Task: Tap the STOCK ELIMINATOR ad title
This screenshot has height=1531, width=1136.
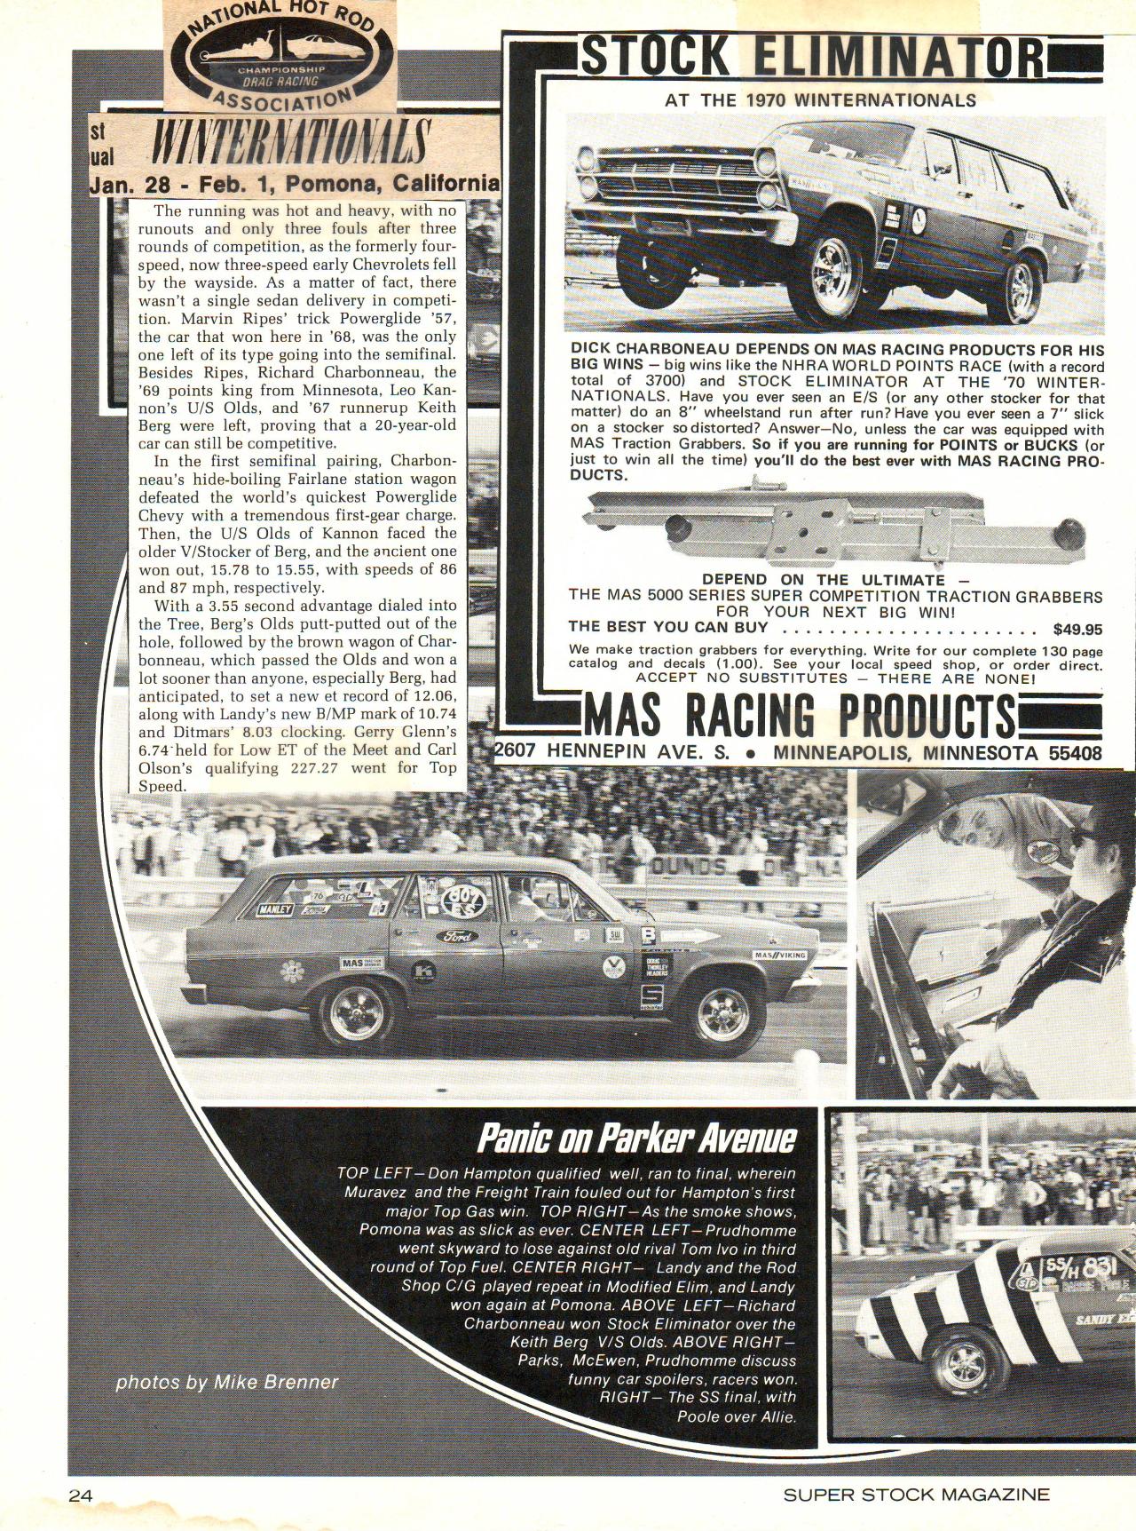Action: click(x=811, y=57)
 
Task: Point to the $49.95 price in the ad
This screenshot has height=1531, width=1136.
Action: click(x=1077, y=630)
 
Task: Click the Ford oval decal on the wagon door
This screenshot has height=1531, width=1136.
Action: click(x=456, y=936)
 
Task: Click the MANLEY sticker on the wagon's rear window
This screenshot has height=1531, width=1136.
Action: click(x=274, y=909)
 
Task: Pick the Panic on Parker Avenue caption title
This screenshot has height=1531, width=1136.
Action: click(x=636, y=1138)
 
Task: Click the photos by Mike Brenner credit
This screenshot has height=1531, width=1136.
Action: click(x=227, y=1383)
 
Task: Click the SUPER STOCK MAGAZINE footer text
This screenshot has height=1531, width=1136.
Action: click(x=916, y=1495)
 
